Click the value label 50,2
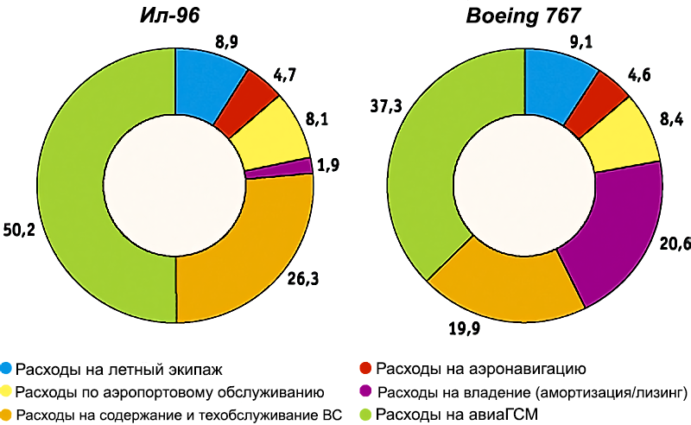[18, 232]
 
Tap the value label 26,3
[304, 279]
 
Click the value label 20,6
[676, 244]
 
